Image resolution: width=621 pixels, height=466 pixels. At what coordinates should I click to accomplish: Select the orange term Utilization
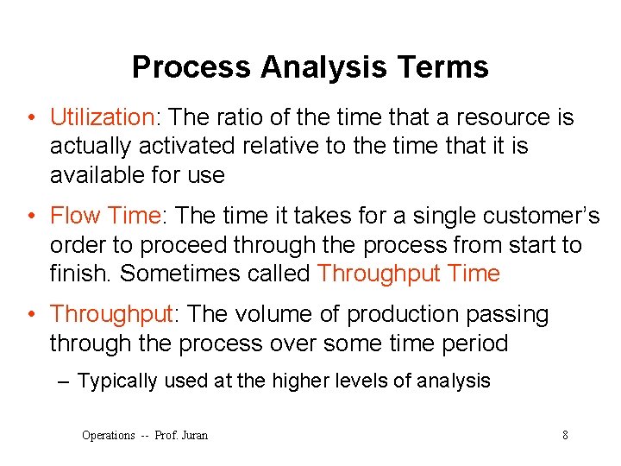[100, 117]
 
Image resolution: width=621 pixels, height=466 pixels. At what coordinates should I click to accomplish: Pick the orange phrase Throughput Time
[408, 274]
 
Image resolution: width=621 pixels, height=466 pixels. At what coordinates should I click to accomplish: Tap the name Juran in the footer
[194, 435]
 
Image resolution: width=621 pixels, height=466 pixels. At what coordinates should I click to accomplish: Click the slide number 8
[565, 435]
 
